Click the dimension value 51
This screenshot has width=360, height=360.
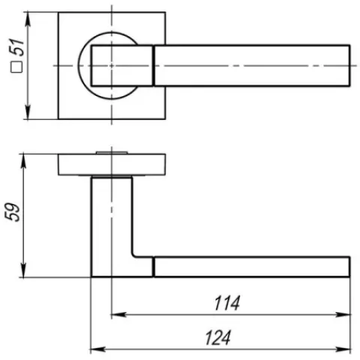[17, 47]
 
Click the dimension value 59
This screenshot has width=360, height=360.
[12, 212]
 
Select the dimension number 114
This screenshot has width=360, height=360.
[227, 303]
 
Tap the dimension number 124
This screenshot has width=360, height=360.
[217, 337]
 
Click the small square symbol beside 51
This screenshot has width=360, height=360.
[16, 67]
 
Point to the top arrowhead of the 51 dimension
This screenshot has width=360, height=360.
[28, 19]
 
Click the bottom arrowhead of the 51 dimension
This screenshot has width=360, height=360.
[28, 112]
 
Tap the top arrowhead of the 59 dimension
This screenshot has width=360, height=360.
[23, 161]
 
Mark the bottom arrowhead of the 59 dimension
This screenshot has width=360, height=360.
[23, 271]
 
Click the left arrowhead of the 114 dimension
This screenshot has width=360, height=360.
[118, 314]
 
